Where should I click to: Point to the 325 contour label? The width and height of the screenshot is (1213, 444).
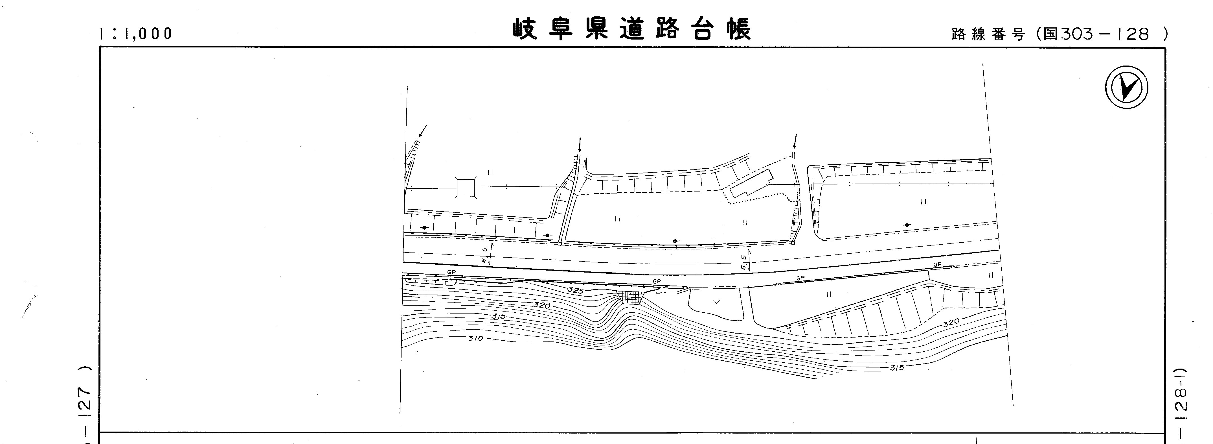[x=575, y=290]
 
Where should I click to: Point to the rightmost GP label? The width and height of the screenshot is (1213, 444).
[x=937, y=265]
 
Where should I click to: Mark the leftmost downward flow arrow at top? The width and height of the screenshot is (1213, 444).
[x=423, y=130]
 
